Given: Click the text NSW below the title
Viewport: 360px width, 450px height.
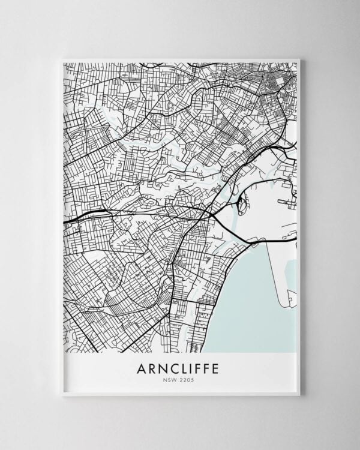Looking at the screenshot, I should click(x=171, y=380).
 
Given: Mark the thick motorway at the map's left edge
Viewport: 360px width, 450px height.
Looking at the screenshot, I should click(x=72, y=220).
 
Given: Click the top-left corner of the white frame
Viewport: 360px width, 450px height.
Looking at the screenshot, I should click(x=62, y=59).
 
